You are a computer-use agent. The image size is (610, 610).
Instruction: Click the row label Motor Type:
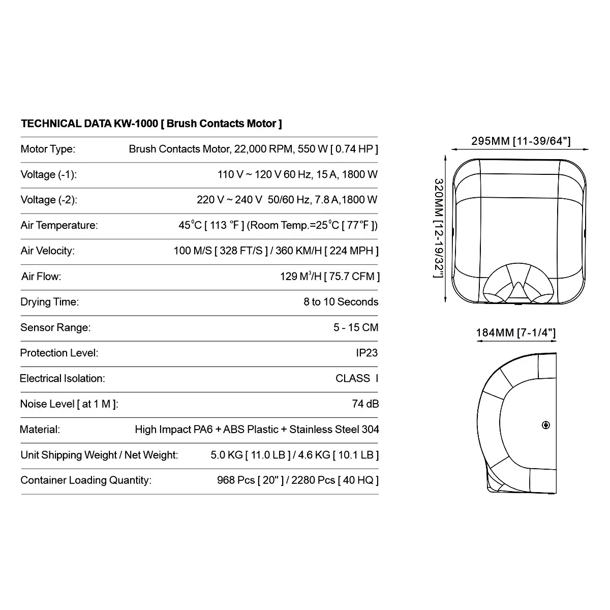pos(48,149)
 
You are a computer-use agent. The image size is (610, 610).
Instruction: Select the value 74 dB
pos(365,404)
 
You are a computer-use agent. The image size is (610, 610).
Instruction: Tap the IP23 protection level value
pos(367,353)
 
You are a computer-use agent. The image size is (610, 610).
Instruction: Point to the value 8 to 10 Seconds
pos(341,302)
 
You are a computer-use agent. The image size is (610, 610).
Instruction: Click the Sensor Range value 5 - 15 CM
pos(356,327)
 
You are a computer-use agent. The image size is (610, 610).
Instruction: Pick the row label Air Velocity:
pos(47,251)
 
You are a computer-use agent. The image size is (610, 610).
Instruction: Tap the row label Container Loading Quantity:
pos(86,480)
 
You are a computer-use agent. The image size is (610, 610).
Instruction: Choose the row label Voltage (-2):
pos(49,200)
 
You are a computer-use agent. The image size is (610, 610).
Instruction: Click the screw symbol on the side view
pos(546,425)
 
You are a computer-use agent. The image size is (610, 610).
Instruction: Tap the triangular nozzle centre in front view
pos(517,290)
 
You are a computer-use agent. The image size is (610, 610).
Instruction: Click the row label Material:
pos(40,429)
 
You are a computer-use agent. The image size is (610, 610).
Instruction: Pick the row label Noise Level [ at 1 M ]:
pos(69,404)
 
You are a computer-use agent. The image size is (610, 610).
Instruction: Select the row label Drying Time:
pos(49,302)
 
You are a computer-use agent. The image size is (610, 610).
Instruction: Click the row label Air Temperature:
pos(59,225)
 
